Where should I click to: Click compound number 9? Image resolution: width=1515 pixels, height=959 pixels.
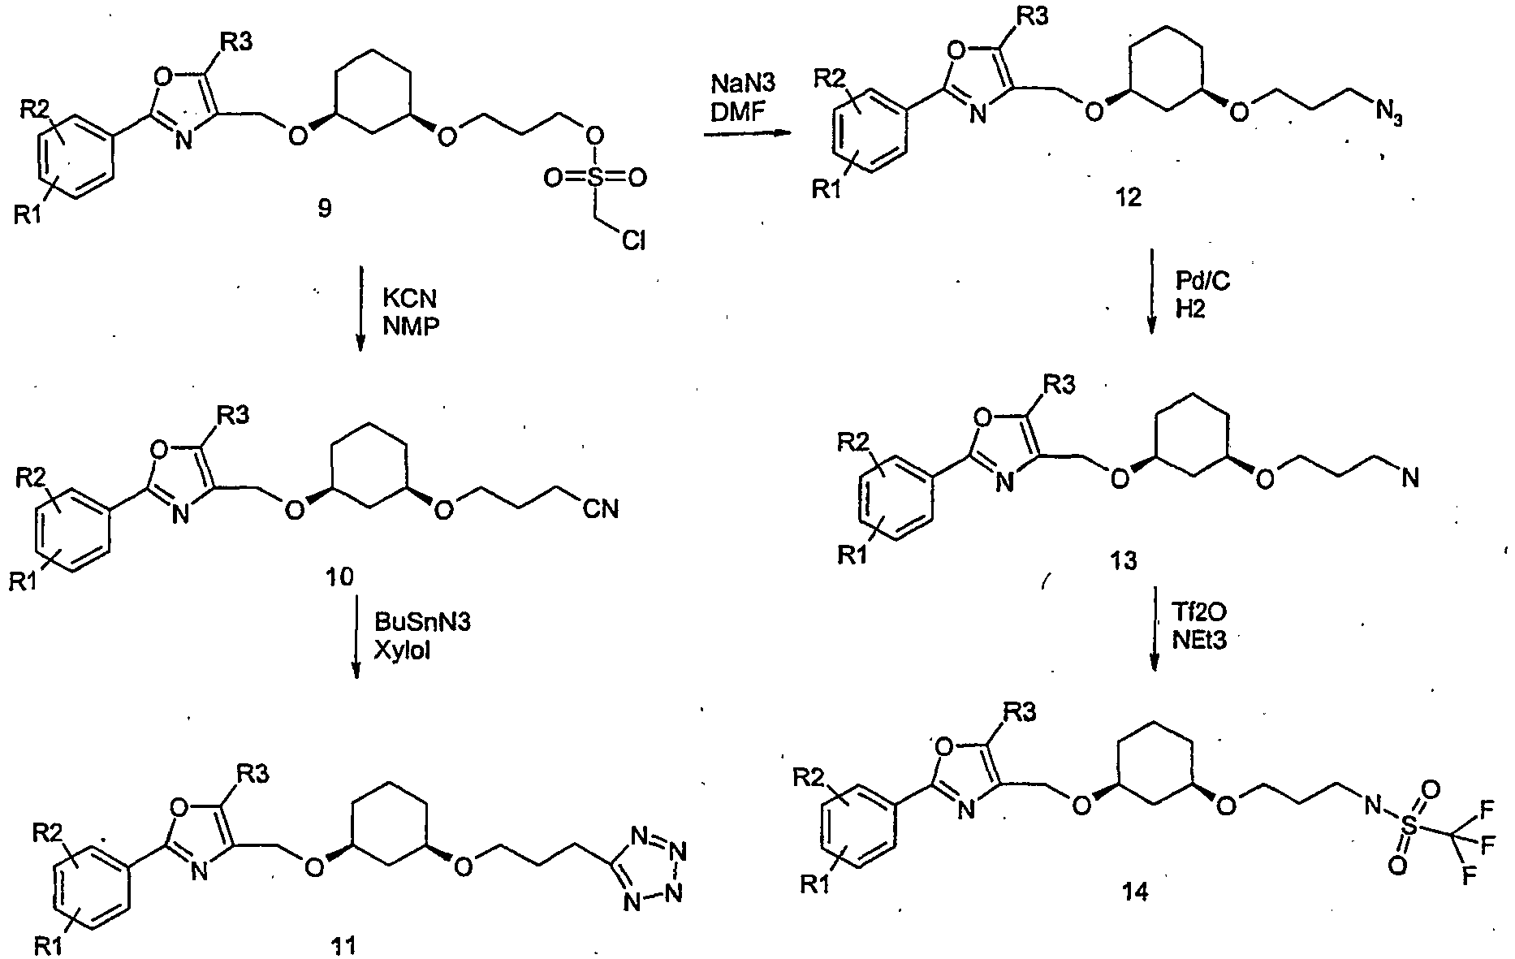pyautogui.click(x=324, y=210)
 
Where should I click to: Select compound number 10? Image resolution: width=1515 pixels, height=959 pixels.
pyautogui.click(x=339, y=577)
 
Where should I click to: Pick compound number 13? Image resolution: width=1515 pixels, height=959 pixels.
pyautogui.click(x=1124, y=559)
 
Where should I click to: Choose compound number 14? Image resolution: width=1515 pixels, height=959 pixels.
pyautogui.click(x=1134, y=892)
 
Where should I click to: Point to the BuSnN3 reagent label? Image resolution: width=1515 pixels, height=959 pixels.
pyautogui.click(x=422, y=622)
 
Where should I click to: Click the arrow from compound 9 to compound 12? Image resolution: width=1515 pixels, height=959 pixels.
pyautogui.click(x=747, y=134)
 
